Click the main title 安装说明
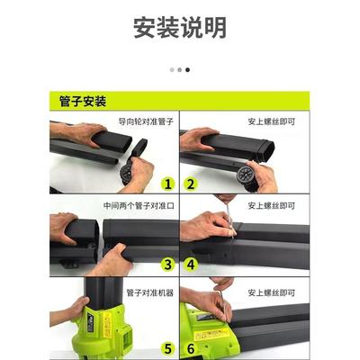click(x=180, y=28)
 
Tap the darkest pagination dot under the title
click(x=187, y=69)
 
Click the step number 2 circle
click(x=190, y=184)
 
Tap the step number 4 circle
click(x=190, y=265)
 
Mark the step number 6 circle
click(x=190, y=347)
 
